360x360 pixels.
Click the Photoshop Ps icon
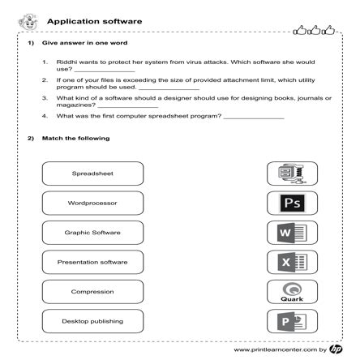292,203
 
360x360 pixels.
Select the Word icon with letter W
292,233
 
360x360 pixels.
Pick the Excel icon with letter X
292,262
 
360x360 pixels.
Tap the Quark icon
292,292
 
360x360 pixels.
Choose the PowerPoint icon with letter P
292,321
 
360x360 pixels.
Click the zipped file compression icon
292,173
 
